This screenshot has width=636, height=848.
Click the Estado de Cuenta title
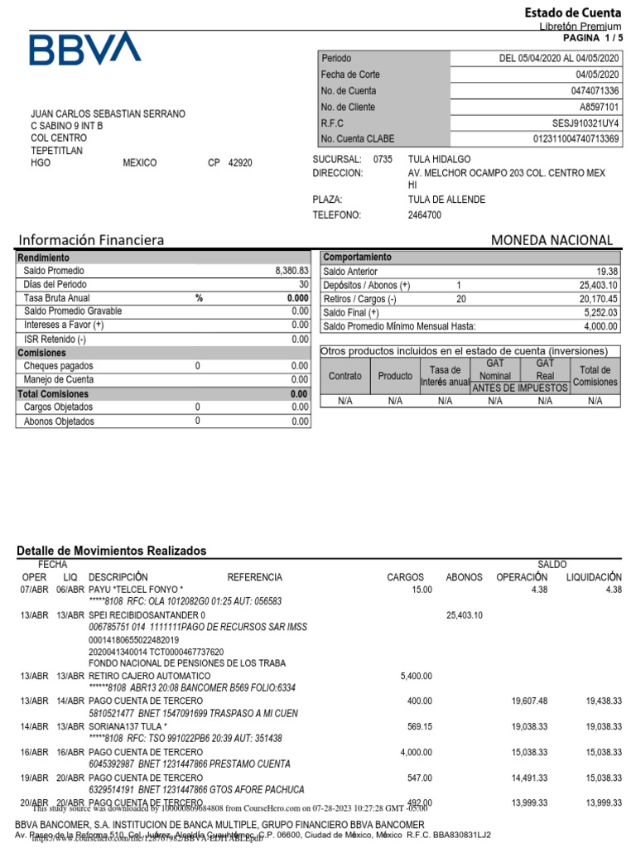[573, 12]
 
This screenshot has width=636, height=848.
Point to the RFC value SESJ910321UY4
[586, 123]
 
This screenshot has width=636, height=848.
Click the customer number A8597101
[599, 107]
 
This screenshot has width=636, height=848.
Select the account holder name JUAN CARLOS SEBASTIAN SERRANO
[108, 113]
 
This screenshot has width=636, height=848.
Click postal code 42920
[240, 163]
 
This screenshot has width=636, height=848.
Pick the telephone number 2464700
[425, 215]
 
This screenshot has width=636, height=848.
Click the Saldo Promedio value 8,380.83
[291, 271]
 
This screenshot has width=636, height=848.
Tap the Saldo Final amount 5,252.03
[599, 312]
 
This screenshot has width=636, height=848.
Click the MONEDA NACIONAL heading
[552, 240]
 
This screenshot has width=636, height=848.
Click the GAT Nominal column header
[495, 369]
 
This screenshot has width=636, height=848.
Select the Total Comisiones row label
[54, 394]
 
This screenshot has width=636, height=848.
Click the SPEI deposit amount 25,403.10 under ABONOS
[464, 616]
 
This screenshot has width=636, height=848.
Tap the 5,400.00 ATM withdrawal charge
[416, 677]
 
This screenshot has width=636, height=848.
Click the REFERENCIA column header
[254, 577]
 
